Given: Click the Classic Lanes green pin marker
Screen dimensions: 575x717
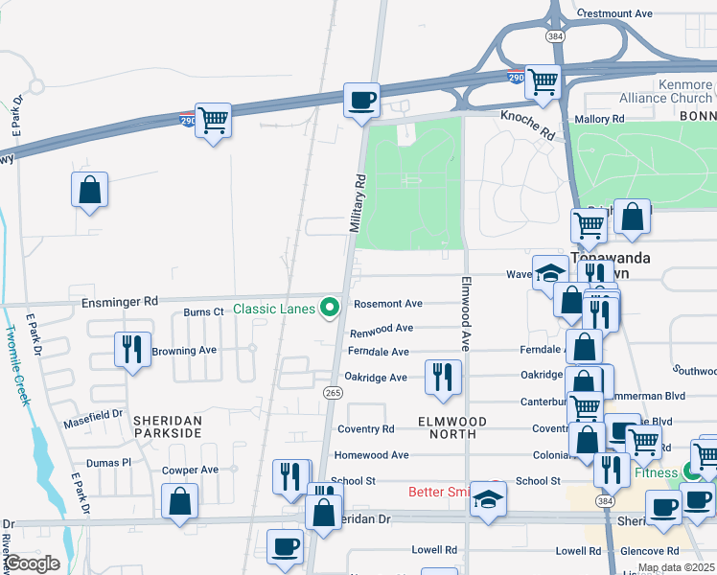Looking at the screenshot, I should (x=331, y=308).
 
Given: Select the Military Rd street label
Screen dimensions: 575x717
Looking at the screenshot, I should (x=358, y=203).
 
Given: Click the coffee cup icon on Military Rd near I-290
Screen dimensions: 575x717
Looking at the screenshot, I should (x=361, y=101).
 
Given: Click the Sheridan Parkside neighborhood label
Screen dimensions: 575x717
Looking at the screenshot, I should (x=168, y=426).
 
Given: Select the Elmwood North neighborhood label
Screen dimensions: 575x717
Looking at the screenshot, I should (x=453, y=427).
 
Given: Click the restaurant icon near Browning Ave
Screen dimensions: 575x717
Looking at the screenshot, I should (x=129, y=349).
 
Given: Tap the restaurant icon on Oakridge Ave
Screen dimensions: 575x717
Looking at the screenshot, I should (x=442, y=375).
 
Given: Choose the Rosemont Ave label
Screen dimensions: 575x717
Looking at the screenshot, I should (x=388, y=304).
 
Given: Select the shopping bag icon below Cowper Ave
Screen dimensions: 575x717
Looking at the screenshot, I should (x=180, y=501).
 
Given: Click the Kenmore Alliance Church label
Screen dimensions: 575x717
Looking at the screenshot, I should (x=666, y=92).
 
